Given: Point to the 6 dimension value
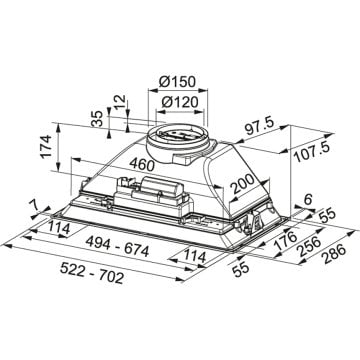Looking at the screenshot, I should pyautogui.click(x=307, y=198).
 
